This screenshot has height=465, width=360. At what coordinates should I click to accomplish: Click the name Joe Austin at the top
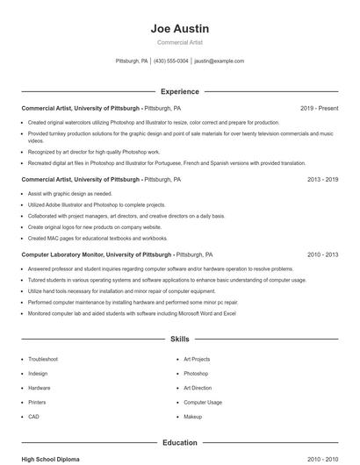click(x=179, y=28)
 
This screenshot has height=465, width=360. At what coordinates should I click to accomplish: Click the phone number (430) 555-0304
click(x=171, y=61)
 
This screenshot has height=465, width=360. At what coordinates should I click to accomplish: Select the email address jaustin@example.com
click(x=219, y=61)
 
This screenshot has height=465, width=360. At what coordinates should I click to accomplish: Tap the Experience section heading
click(x=179, y=91)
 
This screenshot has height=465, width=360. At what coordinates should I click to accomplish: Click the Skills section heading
click(x=179, y=338)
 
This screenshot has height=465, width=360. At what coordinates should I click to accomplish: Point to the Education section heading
click(x=179, y=443)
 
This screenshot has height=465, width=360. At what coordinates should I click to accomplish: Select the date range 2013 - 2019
click(x=322, y=179)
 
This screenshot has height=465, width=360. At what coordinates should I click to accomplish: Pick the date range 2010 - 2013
click(x=322, y=254)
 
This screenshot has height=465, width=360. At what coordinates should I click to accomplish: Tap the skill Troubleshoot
click(x=43, y=359)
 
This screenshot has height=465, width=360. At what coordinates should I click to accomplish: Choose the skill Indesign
click(x=39, y=373)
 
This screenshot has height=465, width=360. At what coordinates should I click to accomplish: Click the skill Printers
click(x=39, y=402)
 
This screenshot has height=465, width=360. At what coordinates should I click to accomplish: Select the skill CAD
click(x=33, y=416)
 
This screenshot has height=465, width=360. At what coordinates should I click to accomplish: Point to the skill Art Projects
click(x=197, y=359)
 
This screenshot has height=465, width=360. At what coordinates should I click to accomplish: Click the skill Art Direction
click(x=198, y=388)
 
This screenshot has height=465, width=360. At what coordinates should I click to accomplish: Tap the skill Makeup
click(x=193, y=416)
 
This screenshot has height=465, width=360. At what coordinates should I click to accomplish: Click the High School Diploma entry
click(x=51, y=459)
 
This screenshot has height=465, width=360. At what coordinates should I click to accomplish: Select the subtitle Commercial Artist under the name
click(x=179, y=42)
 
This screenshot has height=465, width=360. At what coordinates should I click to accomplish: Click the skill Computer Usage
click(x=203, y=402)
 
